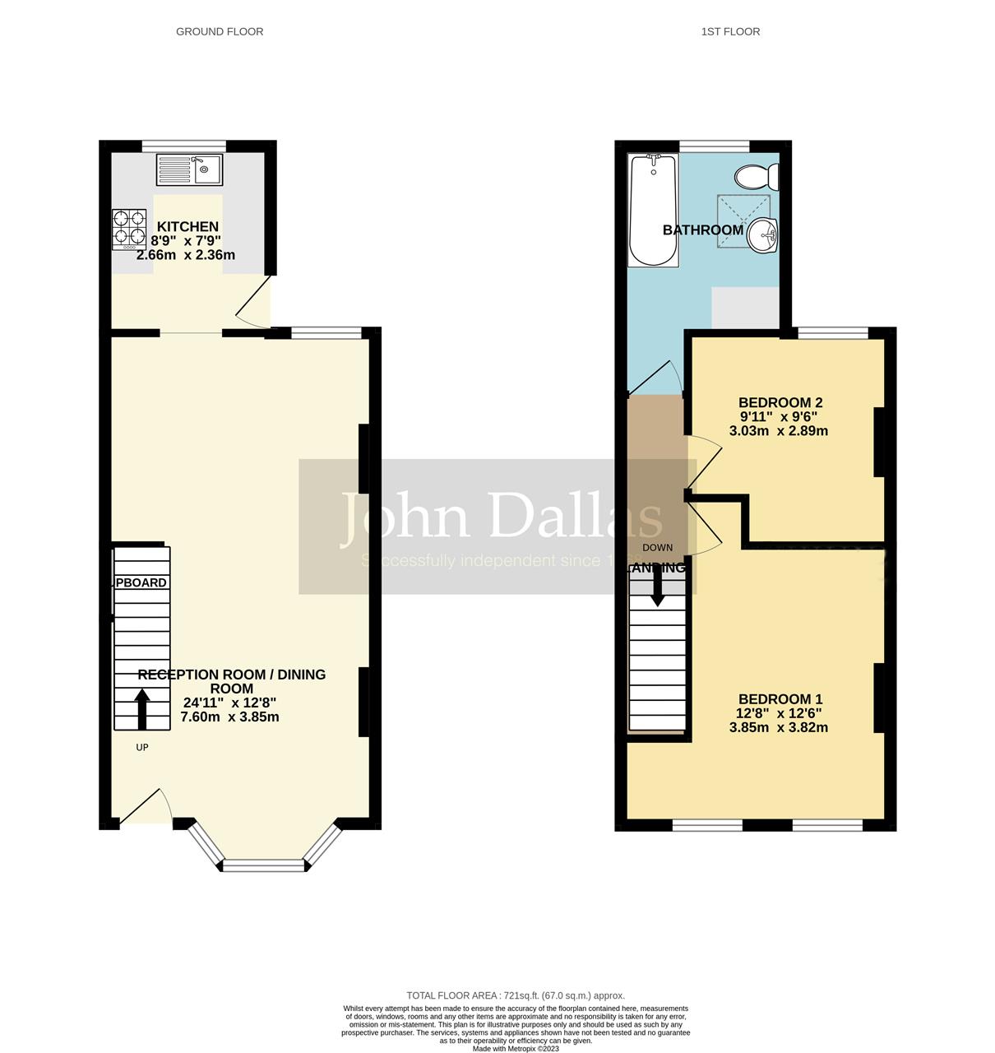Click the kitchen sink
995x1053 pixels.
(190, 170)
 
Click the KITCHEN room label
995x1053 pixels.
(187, 227)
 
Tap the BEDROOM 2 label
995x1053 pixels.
(780, 403)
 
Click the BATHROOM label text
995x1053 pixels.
(703, 230)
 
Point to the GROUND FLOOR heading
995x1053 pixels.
(220, 32)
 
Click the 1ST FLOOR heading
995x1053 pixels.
(730, 32)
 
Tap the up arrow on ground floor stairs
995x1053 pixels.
(142, 708)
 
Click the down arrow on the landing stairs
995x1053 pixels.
(657, 588)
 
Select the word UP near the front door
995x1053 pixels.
(142, 748)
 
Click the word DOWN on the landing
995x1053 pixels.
(657, 548)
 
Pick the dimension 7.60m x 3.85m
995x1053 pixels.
(229, 717)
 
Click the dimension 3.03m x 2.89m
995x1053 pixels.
(779, 431)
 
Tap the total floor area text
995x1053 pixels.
(516, 995)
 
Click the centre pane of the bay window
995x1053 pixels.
(263, 865)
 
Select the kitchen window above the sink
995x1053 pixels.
(183, 146)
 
